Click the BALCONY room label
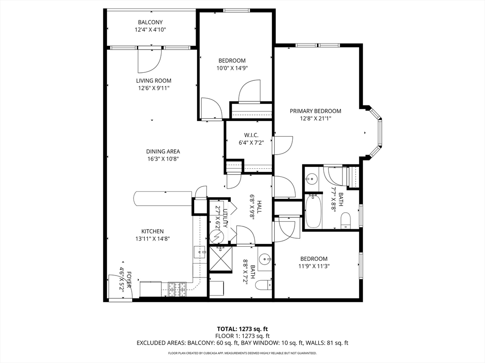coord(150,22)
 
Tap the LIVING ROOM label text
coord(154,81)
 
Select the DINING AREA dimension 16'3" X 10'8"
coord(163,159)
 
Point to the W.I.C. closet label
coord(238,135)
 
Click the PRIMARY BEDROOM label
coord(315,111)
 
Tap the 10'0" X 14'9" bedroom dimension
coord(232,68)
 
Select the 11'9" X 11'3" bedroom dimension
coord(314,266)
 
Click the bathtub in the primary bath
coord(313,211)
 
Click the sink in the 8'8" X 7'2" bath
coord(265,259)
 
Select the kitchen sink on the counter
coord(199,253)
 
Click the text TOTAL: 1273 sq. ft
coord(242,328)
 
